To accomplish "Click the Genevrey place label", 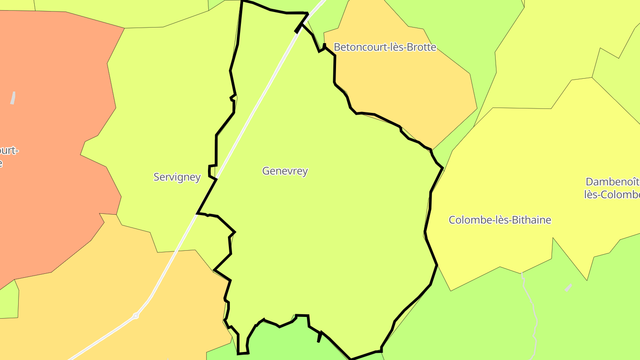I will (x=285, y=171).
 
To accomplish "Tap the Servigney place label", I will (x=177, y=177).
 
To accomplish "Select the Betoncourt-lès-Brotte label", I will (x=385, y=47).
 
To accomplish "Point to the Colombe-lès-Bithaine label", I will (x=500, y=220).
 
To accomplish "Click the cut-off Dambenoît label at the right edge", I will (x=612, y=188).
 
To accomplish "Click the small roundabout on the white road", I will (x=136, y=316).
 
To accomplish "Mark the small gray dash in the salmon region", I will (x=13, y=98).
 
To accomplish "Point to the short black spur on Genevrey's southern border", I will (x=320, y=337).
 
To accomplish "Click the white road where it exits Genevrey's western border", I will (x=198, y=212).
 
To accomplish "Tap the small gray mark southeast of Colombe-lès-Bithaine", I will (x=568, y=288).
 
